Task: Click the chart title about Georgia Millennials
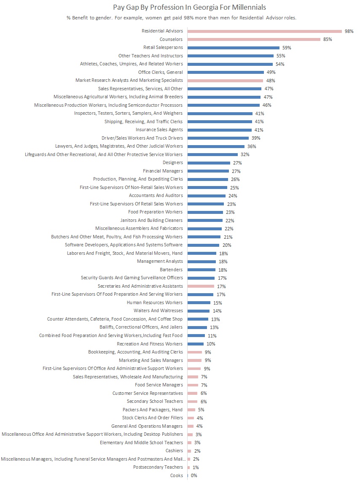pyautogui.click(x=189, y=7)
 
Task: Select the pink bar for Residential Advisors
pyautogui.click(x=264, y=31)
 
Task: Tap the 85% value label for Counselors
pyautogui.click(x=328, y=39)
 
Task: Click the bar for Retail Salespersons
pyautogui.click(x=233, y=48)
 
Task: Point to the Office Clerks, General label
pyautogui.click(x=160, y=72)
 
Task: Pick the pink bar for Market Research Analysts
pyautogui.click(x=225, y=81)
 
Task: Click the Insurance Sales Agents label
pyautogui.click(x=159, y=130)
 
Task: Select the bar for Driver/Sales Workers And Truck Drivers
pyautogui.click(x=218, y=138)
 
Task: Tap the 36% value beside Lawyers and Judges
pyautogui.click(x=252, y=146)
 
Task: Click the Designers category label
pyautogui.click(x=172, y=163)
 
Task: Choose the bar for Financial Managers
pyautogui.click(x=208, y=171)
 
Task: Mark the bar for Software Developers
pyautogui.click(x=203, y=245)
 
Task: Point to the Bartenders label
pyautogui.click(x=171, y=270)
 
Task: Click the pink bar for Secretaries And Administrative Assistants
pyautogui.click(x=201, y=286)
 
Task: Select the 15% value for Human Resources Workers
pyautogui.click(x=218, y=303)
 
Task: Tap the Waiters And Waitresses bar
pyautogui.click(x=198, y=311)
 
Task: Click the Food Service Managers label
pyautogui.click(x=159, y=385)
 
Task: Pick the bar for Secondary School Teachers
pyautogui.click(x=192, y=402)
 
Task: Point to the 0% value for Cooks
pyautogui.click(x=194, y=475)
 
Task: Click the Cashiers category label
pyautogui.click(x=174, y=451)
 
